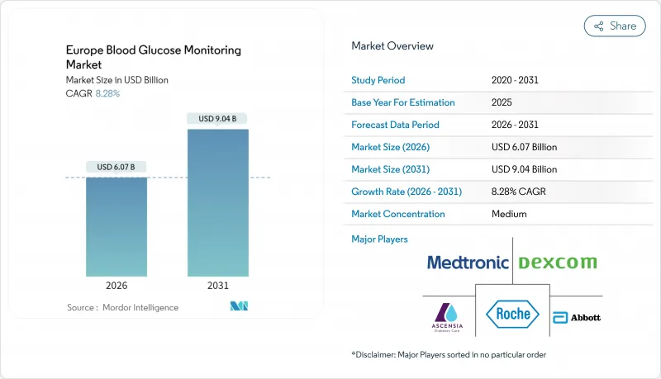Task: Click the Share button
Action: tap(615, 26)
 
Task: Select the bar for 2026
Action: tap(117, 226)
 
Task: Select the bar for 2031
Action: tap(218, 202)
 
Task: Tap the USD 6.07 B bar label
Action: tap(117, 168)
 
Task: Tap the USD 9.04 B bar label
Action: tap(218, 119)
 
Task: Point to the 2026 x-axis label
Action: tap(117, 287)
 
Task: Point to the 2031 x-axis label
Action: tap(218, 287)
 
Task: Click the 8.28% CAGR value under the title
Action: tap(107, 93)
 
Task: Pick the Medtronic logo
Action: tap(468, 263)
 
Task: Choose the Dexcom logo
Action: tap(557, 263)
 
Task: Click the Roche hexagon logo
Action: tap(512, 315)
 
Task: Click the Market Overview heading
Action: tap(392, 45)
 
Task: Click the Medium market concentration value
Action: tap(509, 214)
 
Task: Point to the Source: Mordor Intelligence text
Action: tap(122, 307)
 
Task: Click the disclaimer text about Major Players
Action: tap(449, 354)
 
